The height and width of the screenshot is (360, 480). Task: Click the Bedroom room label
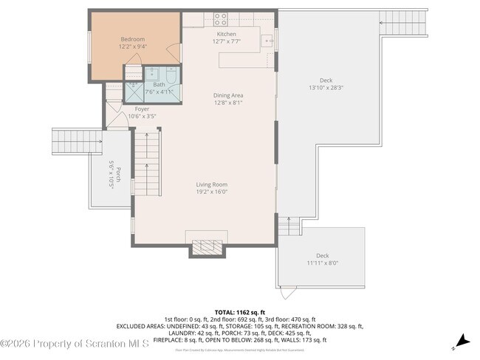tap(133, 39)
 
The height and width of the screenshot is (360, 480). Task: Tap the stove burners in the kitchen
tap(220, 17)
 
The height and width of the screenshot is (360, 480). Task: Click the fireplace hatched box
tap(206, 247)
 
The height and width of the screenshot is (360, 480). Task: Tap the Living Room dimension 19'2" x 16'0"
tap(211, 192)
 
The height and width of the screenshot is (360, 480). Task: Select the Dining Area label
tap(228, 95)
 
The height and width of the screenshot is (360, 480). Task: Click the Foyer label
tap(142, 109)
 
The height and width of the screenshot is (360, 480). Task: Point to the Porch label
tap(111, 175)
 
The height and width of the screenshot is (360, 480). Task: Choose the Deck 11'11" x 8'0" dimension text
tap(322, 263)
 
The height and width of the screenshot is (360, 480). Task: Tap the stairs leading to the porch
tap(69, 139)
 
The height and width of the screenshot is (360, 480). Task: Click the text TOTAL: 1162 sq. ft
tap(239, 312)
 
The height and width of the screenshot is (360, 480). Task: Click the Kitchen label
tap(226, 34)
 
